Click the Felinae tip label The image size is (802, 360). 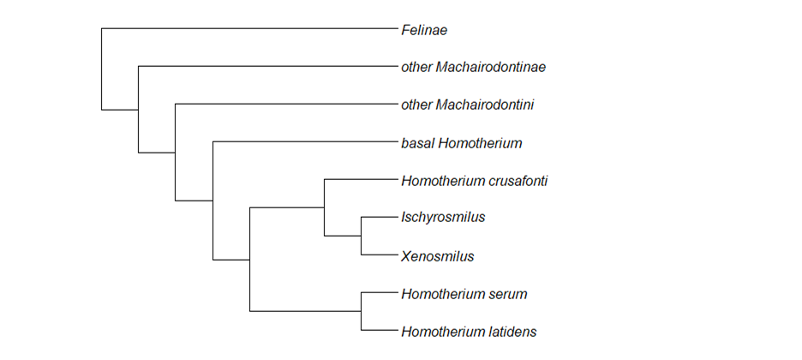(424, 30)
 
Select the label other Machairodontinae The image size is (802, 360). (473, 67)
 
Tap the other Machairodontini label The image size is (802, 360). (468, 105)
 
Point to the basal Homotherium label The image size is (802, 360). (461, 143)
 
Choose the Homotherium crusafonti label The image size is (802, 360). (474, 181)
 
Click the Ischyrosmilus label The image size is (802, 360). (443, 218)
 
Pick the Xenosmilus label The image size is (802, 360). (437, 255)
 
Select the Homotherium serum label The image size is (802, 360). (464, 294)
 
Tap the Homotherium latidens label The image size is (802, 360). (469, 332)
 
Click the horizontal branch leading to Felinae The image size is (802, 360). (248, 29)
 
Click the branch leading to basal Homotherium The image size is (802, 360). (303, 142)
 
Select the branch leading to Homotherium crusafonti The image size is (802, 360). (360, 180)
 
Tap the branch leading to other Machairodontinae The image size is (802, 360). (266, 67)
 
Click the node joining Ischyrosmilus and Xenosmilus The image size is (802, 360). (361, 236)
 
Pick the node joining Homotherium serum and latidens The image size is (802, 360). (361, 312)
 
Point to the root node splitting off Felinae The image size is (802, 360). (102, 109)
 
